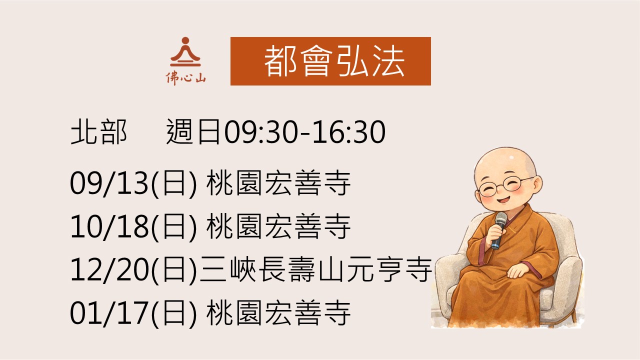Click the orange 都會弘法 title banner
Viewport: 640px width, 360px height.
pyautogui.click(x=330, y=61)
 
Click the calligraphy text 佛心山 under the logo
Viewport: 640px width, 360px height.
pyautogui.click(x=185, y=78)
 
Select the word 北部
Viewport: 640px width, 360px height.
pyautogui.click(x=98, y=132)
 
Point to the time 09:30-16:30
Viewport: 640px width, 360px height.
pyautogui.click(x=304, y=132)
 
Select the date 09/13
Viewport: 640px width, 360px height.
pyautogui.click(x=109, y=183)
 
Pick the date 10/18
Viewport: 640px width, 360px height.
pyautogui.click(x=109, y=226)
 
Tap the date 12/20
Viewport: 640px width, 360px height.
pyautogui.click(x=109, y=269)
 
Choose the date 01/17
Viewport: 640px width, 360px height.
pyautogui.click(x=109, y=313)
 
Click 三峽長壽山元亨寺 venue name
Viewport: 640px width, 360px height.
pyautogui.click(x=315, y=269)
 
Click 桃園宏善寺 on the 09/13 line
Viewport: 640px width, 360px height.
pyautogui.click(x=278, y=183)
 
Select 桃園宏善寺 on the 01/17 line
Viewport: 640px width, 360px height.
pyautogui.click(x=278, y=313)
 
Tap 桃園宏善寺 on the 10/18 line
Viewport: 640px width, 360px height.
pyautogui.click(x=278, y=226)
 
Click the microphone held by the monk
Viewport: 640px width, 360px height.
pyautogui.click(x=499, y=230)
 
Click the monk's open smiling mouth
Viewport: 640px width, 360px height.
pyautogui.click(x=503, y=199)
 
